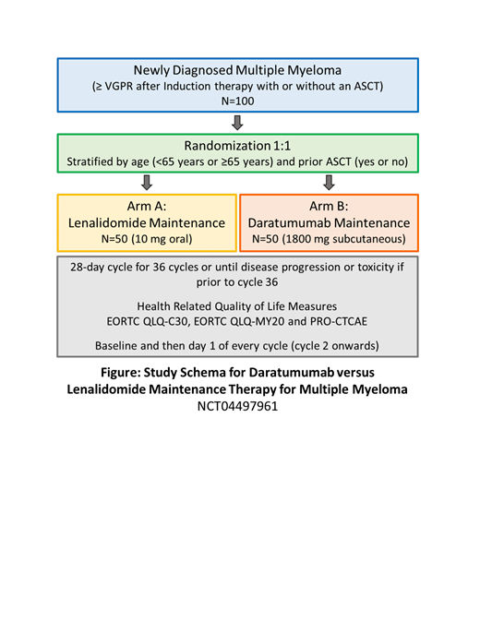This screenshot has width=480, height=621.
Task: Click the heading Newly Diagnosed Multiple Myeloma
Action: coord(238,71)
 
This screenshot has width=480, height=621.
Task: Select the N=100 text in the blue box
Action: coord(238,104)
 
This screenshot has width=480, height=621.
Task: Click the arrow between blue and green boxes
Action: coord(238,124)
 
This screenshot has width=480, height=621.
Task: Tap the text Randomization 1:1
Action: coord(238,146)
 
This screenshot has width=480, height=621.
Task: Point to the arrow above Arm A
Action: coord(145,183)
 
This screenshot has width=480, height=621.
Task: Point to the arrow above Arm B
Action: coord(330,183)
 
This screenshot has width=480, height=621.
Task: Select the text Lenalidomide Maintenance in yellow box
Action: coord(146,223)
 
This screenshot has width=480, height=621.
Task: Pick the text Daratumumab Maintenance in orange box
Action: coord(330,223)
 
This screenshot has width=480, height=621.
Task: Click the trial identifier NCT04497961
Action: coord(238,405)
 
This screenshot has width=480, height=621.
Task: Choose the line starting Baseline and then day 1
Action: coord(238,345)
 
